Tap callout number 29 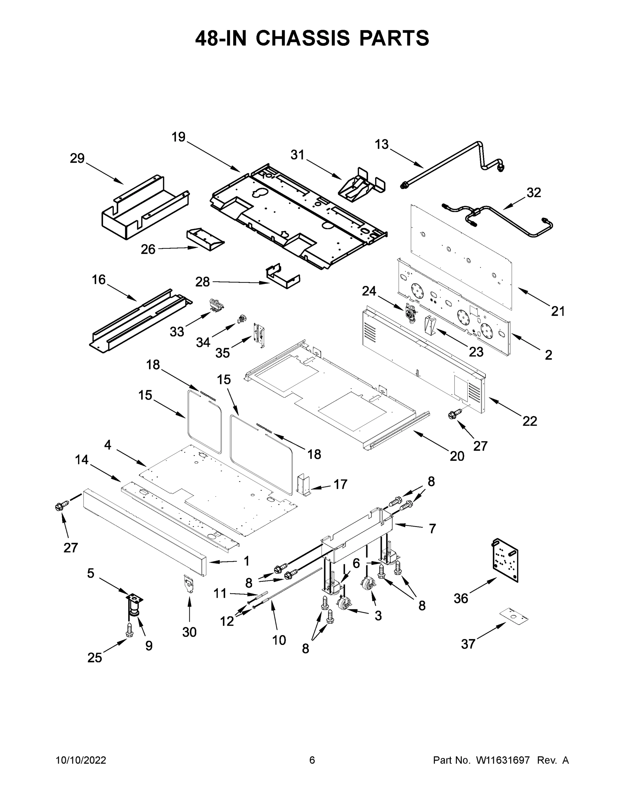pos(77,158)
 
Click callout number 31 pos(297,155)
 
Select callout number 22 pos(529,421)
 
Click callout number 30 pos(189,632)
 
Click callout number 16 pos(99,280)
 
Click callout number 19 pos(179,137)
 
